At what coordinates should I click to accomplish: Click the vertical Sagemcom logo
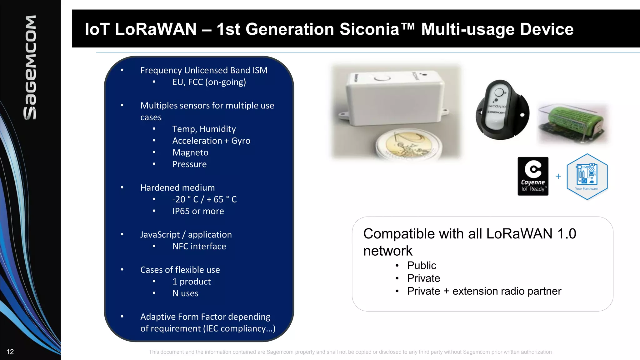coord(30,67)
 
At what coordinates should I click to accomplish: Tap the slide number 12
coord(10,352)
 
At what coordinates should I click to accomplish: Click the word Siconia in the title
coord(369,29)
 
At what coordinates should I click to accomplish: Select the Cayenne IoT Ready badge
coord(533,176)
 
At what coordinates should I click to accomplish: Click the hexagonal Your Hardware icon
coord(587,177)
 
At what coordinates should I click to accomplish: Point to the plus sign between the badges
coord(558,176)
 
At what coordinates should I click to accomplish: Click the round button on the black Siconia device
coord(499,92)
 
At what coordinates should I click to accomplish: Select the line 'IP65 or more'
coord(198,211)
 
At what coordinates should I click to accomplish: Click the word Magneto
coord(190,152)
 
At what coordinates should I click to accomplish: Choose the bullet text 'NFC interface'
coord(199,247)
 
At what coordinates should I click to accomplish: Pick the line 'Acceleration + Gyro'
coord(211,141)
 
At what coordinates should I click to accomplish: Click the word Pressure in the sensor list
coord(189,164)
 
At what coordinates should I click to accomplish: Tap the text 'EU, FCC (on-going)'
coord(209,82)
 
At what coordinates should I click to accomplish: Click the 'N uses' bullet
coord(185,293)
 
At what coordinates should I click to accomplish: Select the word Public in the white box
coord(422,266)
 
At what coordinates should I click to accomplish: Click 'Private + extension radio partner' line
coord(484,291)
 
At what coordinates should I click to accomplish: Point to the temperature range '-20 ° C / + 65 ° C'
coord(204,199)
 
